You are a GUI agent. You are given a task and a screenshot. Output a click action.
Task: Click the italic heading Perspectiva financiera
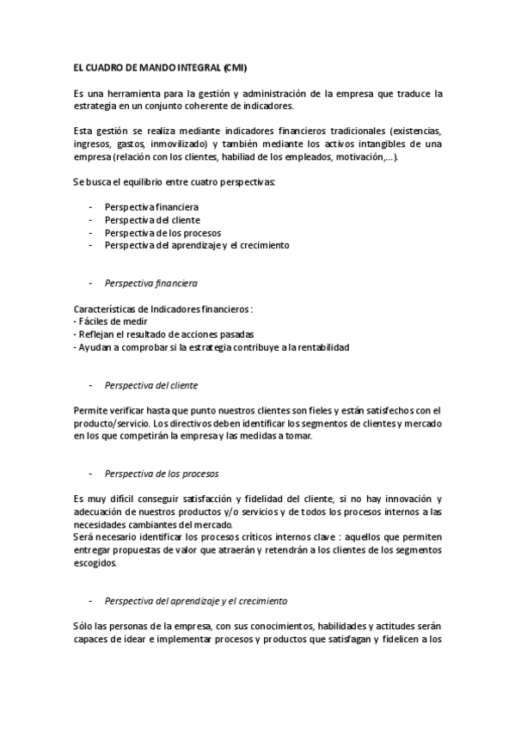(150, 282)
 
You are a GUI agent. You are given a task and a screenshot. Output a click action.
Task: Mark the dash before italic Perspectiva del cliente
(91, 384)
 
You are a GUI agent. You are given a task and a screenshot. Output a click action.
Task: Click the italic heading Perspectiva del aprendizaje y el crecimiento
(195, 600)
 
